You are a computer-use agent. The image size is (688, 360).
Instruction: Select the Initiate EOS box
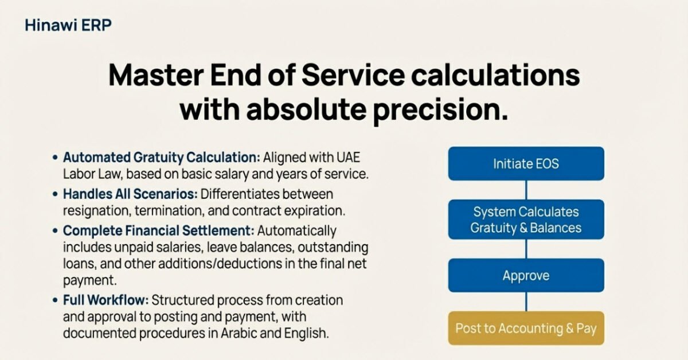526,163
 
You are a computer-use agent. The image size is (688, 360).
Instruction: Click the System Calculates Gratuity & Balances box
526,220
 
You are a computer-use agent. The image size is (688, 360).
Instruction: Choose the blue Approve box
526,276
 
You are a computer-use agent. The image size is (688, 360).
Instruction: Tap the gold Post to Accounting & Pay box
526,328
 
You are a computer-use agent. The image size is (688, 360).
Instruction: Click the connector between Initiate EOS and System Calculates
526,190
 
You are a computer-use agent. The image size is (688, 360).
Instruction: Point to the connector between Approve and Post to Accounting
526,302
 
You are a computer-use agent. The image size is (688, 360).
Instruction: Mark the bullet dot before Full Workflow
54,300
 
